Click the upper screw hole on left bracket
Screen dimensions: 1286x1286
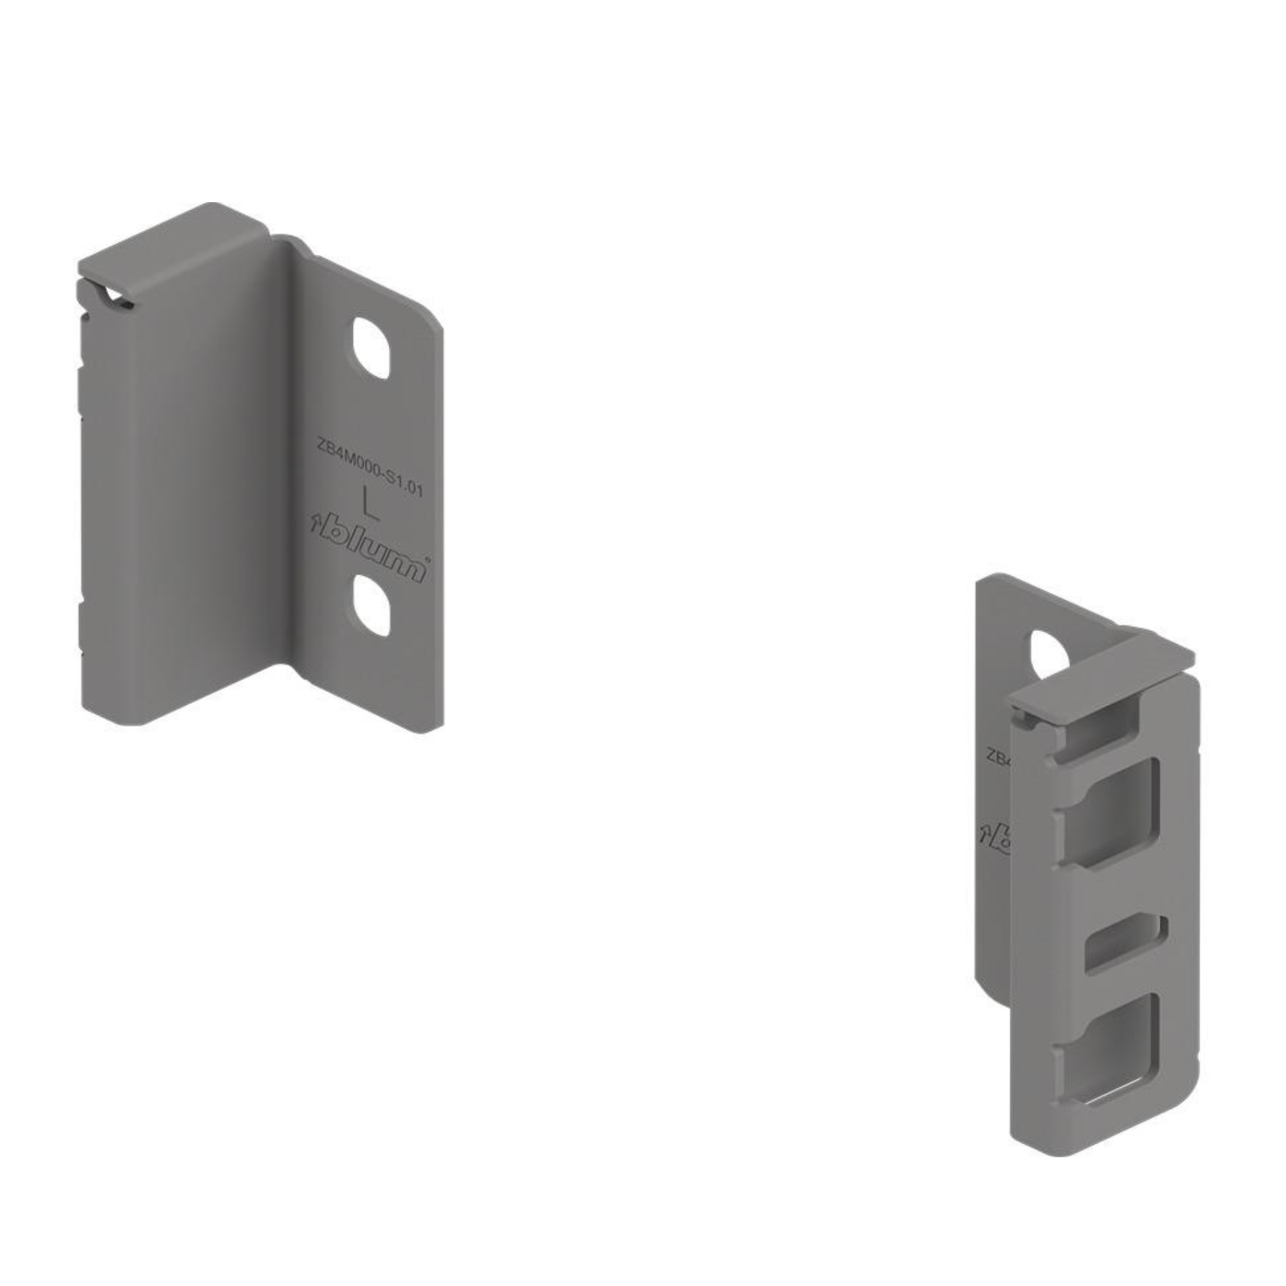[371, 348]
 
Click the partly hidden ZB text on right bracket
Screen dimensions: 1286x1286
[998, 757]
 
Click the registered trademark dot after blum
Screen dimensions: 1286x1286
[427, 560]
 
